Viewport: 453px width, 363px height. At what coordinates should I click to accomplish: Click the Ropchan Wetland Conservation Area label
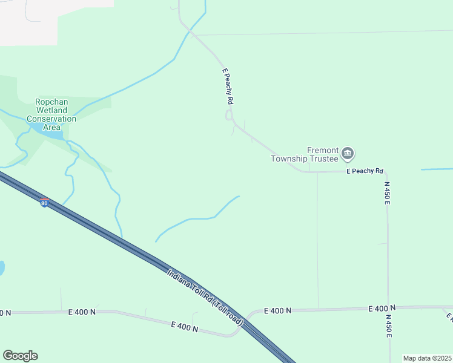pos(51,114)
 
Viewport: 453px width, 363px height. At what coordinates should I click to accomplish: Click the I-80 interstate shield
pos(44,203)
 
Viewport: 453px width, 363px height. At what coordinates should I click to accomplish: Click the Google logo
pos(20,356)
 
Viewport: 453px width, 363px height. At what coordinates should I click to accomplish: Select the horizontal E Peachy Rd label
pos(365,171)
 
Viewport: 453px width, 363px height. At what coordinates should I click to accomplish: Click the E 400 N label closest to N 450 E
pos(382,309)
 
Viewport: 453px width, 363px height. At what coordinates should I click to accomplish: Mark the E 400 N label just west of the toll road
pos(185,327)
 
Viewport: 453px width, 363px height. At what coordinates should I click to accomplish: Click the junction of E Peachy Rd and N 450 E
pos(385,172)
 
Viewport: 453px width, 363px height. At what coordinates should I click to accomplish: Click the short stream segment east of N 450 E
pos(437,169)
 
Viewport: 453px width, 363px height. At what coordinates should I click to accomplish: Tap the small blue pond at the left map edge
pos(2,267)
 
